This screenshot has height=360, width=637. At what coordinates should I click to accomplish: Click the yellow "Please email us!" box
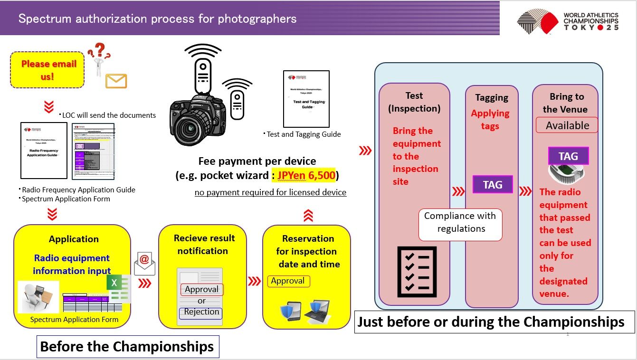tap(47, 70)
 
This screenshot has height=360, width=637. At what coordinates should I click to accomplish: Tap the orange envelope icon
tap(116, 81)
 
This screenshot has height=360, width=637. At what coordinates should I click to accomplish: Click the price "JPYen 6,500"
tap(304, 175)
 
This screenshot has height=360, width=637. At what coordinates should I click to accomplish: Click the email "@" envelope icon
tap(144, 263)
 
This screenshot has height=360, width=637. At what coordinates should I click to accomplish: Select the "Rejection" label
tap(201, 312)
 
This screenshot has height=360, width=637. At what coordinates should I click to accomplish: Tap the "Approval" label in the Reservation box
tap(288, 281)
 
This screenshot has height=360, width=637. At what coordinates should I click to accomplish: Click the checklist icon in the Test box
tap(416, 271)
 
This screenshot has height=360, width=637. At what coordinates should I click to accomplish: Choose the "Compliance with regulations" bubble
tap(460, 222)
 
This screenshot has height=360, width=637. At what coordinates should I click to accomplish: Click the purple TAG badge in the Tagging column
tap(493, 185)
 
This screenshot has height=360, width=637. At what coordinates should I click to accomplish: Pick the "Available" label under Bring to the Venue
tap(567, 126)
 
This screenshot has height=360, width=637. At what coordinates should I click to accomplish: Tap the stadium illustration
tap(567, 172)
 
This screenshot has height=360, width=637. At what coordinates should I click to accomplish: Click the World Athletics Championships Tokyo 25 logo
tap(567, 22)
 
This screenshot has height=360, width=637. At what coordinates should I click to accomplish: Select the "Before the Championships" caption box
tap(127, 347)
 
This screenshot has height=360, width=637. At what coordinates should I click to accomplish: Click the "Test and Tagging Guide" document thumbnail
tap(306, 99)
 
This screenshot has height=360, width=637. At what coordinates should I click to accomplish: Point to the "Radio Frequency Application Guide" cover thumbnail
tap(44, 151)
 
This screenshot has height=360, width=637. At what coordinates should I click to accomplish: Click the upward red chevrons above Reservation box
tap(308, 216)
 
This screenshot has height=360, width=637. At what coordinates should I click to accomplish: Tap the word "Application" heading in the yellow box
tap(74, 239)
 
